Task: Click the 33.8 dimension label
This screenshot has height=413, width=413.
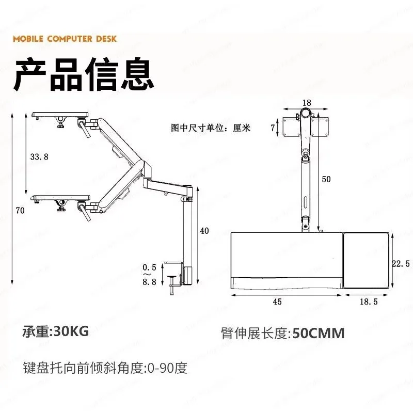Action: (x=39, y=157)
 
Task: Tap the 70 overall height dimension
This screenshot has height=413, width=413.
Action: (x=20, y=211)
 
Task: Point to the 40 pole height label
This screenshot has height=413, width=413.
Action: (x=204, y=231)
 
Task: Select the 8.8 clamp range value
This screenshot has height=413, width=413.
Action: (x=150, y=282)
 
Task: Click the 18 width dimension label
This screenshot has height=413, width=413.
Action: (x=307, y=103)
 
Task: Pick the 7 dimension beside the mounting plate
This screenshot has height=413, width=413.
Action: (x=273, y=128)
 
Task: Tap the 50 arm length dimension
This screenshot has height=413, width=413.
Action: (x=326, y=179)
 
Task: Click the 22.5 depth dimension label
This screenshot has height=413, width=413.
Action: (x=401, y=263)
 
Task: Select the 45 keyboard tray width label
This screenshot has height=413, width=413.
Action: (x=277, y=301)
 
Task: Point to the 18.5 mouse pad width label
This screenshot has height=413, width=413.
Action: (x=369, y=301)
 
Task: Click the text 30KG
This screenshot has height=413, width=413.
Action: (x=71, y=331)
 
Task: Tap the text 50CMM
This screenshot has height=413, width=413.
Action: (x=319, y=333)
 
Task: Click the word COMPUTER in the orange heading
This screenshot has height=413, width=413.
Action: (x=70, y=39)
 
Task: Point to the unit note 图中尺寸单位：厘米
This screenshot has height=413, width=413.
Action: (x=211, y=128)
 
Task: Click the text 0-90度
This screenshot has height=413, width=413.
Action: (x=167, y=368)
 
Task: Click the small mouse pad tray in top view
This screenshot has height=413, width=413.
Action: (x=366, y=260)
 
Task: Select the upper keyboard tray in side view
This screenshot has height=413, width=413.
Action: (x=60, y=115)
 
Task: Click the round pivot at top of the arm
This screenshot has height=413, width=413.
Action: (x=306, y=114)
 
